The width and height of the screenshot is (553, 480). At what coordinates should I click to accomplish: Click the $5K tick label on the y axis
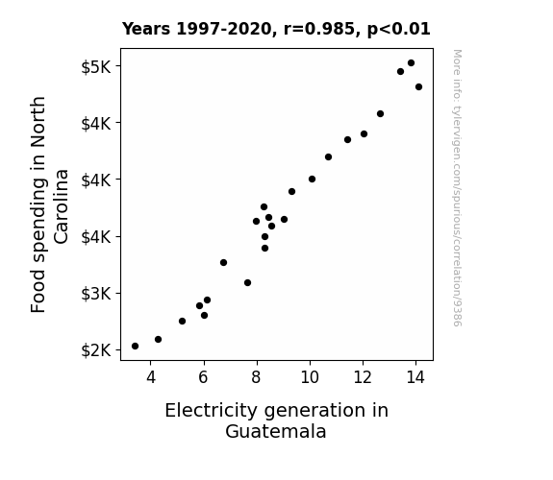96,67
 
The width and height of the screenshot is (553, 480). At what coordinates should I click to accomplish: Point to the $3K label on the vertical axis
96,294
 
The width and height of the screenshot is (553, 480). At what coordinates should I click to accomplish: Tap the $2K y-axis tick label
96,350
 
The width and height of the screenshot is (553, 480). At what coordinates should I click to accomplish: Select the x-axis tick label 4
151,377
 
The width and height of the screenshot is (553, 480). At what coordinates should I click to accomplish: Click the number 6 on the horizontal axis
204,377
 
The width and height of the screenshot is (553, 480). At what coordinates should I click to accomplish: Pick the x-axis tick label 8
257,377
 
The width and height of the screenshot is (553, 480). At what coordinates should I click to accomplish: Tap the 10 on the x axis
310,377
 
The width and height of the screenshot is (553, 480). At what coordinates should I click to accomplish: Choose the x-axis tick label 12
363,377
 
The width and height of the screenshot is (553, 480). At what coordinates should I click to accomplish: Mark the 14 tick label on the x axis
415,377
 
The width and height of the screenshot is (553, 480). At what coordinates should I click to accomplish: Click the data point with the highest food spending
411,63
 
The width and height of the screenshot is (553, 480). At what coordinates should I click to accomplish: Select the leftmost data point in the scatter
135,347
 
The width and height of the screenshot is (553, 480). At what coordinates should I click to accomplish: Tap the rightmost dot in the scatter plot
418,87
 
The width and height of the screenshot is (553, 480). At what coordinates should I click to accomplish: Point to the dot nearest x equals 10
312,180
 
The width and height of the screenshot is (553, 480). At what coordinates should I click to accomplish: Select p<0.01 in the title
399,30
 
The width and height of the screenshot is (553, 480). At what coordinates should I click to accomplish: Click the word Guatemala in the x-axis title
276,431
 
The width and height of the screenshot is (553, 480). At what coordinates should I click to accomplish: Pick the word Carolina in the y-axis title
62,206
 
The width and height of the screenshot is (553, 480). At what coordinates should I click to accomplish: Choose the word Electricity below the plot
212,411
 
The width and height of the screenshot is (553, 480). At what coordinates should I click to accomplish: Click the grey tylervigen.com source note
457,188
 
